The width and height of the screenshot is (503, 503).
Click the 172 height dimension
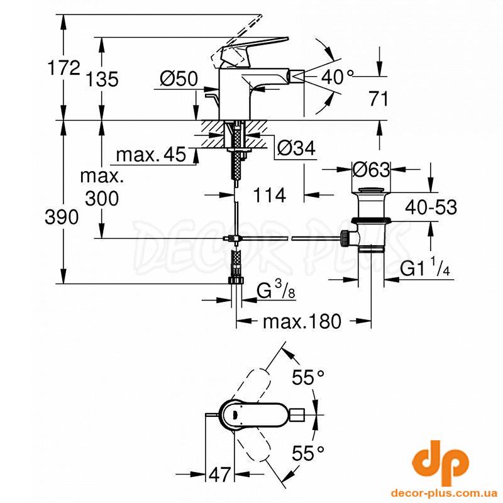pyautogui.click(x=64, y=68)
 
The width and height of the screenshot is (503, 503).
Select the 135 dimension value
pyautogui.click(x=102, y=79)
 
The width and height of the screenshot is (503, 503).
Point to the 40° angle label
pyautogui.click(x=338, y=77)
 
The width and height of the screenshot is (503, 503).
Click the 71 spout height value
pyautogui.click(x=379, y=99)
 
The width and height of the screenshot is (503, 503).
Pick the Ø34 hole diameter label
pyautogui.click(x=296, y=148)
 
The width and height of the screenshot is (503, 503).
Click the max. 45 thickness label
pyautogui.click(x=151, y=154)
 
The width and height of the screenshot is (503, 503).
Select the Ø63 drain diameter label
pyautogui.click(x=371, y=169)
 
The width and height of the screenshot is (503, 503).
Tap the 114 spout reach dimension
pyautogui.click(x=270, y=195)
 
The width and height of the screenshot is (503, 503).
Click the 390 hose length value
pyautogui.click(x=62, y=217)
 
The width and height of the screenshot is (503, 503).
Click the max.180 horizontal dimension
pyautogui.click(x=302, y=321)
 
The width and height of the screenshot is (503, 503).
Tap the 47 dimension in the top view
pyautogui.click(x=219, y=474)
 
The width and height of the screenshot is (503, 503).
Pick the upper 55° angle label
pyautogui.click(x=308, y=377)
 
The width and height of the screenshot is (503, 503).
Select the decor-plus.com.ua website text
pyautogui.click(x=439, y=493)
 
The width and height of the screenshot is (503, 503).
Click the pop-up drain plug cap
pyautogui.click(x=371, y=190)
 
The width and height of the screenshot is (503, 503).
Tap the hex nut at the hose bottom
pyautogui.click(x=236, y=280)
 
